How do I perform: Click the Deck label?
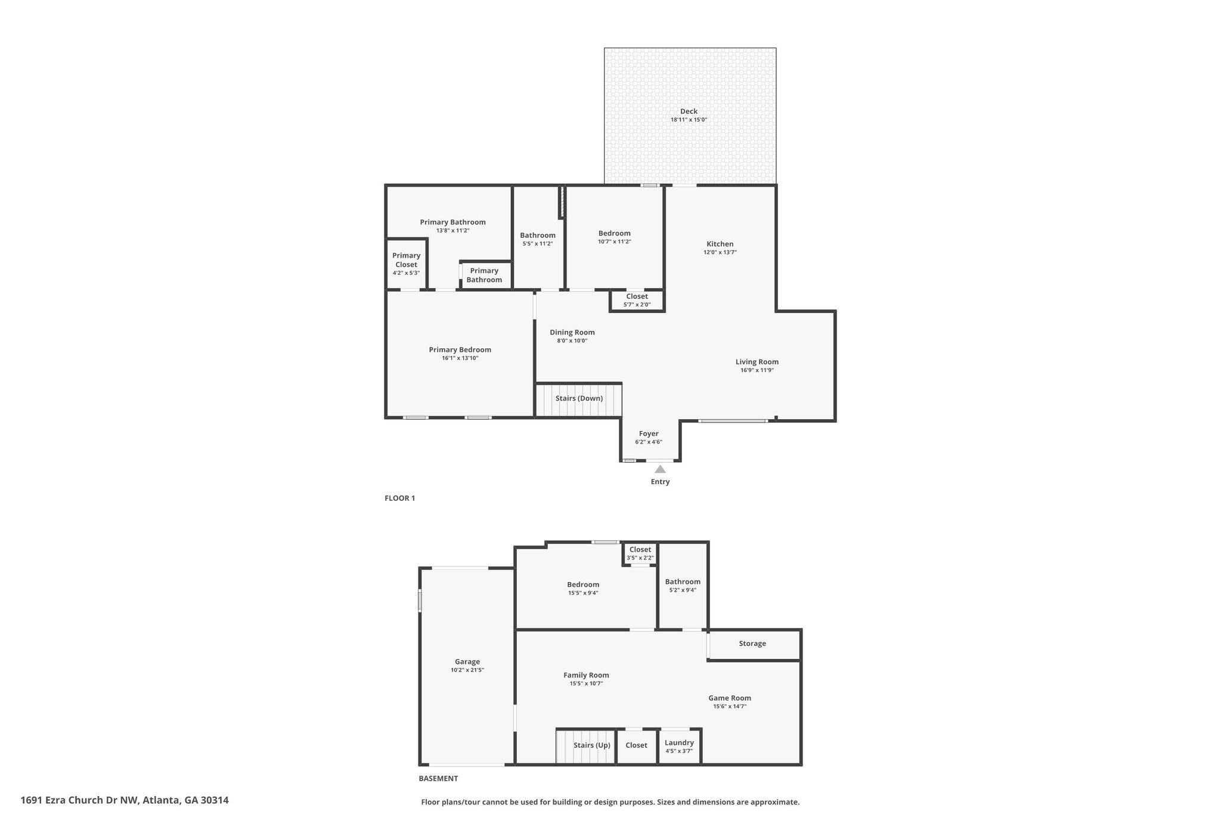coord(689,112)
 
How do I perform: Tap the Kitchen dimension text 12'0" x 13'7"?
coord(720,252)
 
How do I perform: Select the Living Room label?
coord(757,362)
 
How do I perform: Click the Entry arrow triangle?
coord(660,469)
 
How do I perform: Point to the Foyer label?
coord(649,434)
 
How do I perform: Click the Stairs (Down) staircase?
coord(579,400)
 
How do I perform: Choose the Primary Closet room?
coord(407,264)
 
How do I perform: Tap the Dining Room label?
coord(572,333)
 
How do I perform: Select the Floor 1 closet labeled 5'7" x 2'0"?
coord(637,301)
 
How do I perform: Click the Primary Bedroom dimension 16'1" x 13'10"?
coord(460,358)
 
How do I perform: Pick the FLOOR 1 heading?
coord(399,499)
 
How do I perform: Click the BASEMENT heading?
coord(438,778)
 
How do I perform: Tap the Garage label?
coord(467,662)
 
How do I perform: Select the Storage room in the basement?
coord(754,645)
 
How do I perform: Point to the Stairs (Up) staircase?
coord(585,747)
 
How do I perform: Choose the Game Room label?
coord(730,698)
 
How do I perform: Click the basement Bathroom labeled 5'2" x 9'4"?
coord(683,586)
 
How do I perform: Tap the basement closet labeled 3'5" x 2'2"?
coord(640,553)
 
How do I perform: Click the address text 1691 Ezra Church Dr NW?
coord(80,800)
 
